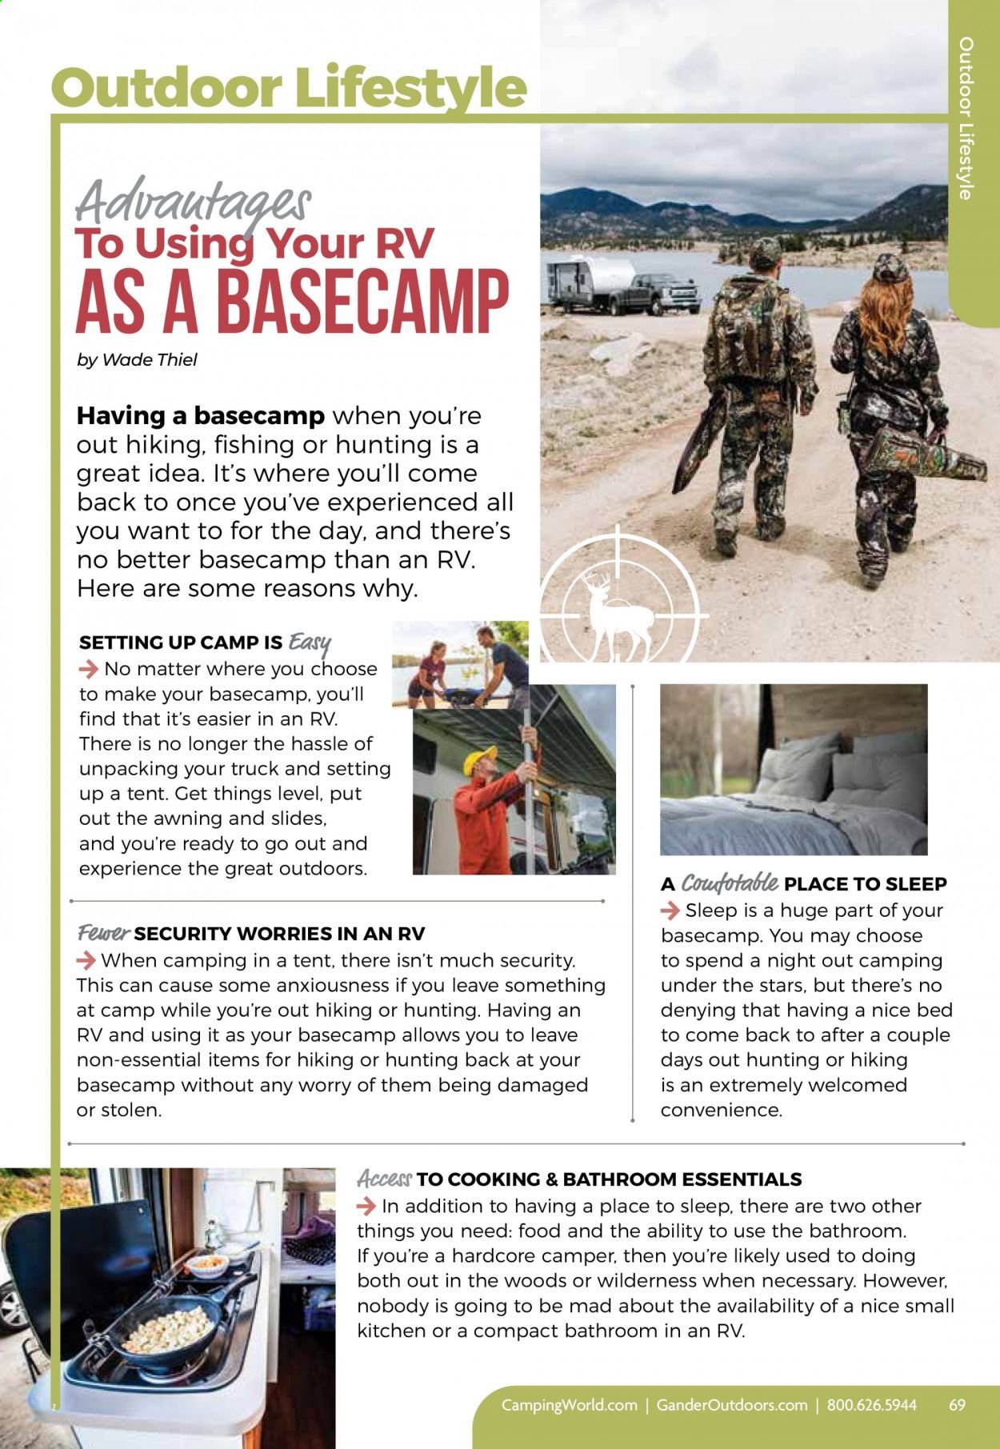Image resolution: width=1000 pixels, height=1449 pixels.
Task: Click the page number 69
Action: (957, 1405)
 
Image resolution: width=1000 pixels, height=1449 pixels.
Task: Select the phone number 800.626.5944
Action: (871, 1405)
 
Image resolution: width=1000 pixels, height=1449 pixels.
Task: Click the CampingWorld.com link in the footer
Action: (569, 1405)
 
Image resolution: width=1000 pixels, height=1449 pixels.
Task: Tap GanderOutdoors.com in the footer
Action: (731, 1405)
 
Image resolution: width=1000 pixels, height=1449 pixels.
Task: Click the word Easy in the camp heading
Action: (310, 641)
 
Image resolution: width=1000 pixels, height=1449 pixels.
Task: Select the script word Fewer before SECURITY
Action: (103, 933)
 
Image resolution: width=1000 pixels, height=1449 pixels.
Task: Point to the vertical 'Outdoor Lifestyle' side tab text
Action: (967, 118)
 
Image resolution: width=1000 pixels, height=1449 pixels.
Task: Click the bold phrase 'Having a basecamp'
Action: (200, 416)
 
